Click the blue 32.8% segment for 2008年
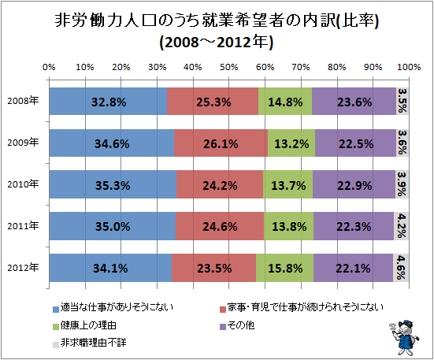108,102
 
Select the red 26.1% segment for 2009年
221,143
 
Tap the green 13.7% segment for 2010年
287,184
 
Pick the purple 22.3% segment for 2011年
353,226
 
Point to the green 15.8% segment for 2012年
284,268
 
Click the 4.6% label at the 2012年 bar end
401,268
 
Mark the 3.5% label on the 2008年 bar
402,102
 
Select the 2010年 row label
24,184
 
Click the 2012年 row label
24,268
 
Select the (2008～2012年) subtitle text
216,41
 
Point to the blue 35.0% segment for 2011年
112,226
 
